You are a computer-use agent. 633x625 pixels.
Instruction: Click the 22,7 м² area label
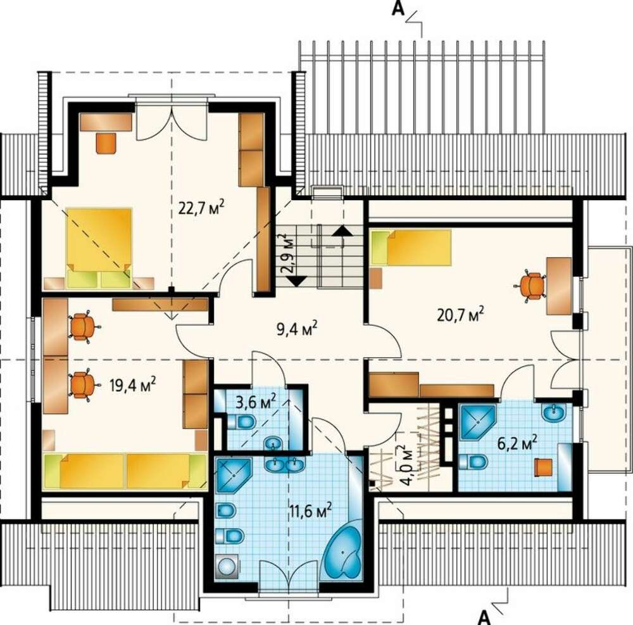[x=201, y=208]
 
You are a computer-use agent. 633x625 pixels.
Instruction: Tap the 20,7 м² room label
[x=461, y=314]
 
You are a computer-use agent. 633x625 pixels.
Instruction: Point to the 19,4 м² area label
[x=133, y=384]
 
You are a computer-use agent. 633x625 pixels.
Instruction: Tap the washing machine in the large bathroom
[x=228, y=567]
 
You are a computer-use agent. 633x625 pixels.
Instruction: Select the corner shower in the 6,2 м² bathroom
[x=477, y=422]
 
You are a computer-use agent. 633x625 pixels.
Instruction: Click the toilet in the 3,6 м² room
[x=242, y=423]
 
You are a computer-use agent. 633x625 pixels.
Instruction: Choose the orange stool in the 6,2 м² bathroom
[x=543, y=467]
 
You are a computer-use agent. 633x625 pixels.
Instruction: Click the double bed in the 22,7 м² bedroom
[x=99, y=248]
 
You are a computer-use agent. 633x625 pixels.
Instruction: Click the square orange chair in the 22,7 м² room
[x=106, y=142]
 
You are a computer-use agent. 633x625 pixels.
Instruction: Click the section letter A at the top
[x=398, y=9]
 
